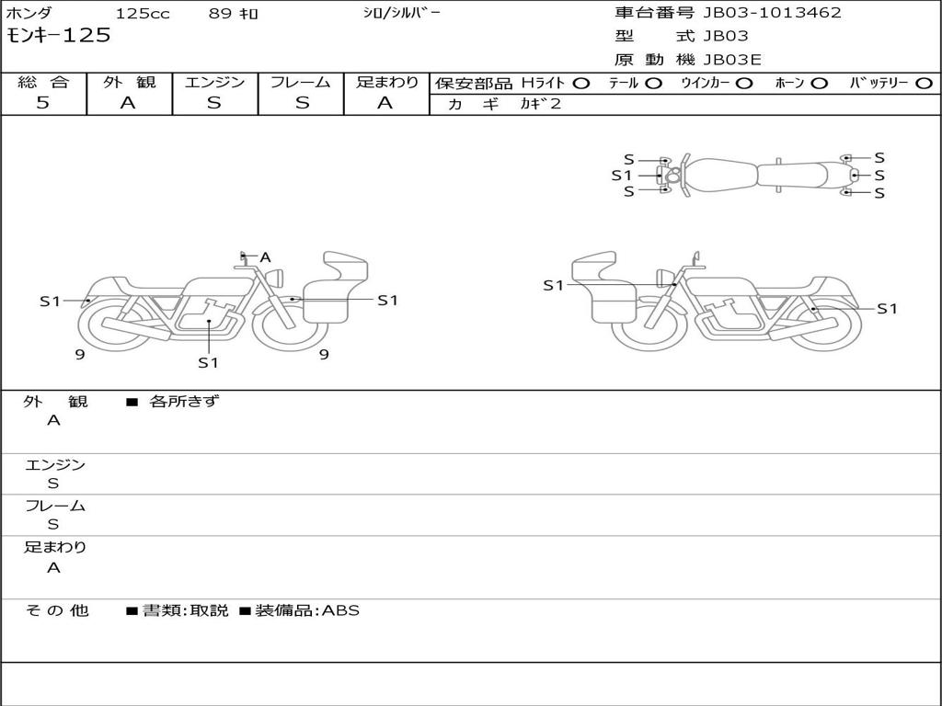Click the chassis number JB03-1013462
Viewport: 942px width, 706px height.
[x=772, y=13]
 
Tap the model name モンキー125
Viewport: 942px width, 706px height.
[x=58, y=36]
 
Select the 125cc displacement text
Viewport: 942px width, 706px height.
[x=143, y=13]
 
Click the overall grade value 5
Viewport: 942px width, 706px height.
[x=42, y=102]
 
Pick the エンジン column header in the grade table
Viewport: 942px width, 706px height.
[x=214, y=82]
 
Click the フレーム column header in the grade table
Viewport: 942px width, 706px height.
[x=301, y=82]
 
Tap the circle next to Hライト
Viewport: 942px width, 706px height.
[x=581, y=84]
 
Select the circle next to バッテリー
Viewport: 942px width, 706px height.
[x=924, y=84]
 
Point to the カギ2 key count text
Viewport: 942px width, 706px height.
[x=540, y=104]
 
